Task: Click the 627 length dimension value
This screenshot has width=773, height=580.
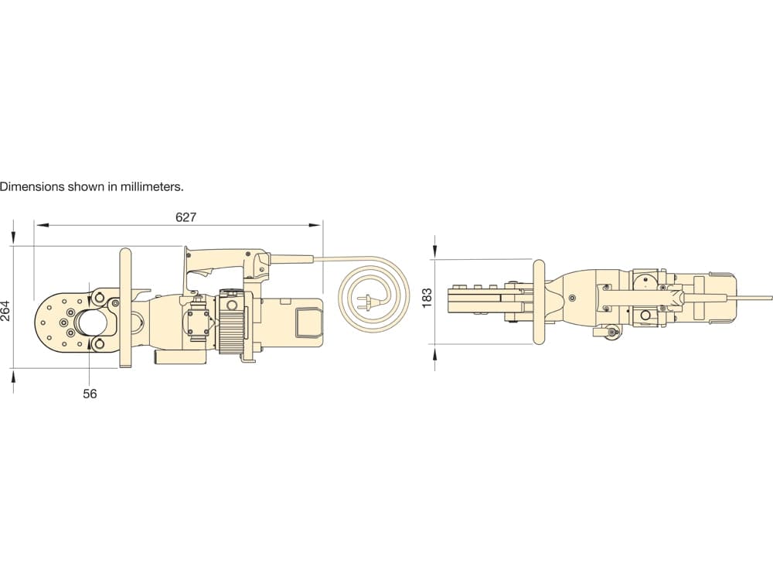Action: point(186,217)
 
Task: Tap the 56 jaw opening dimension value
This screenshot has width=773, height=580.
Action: point(90,394)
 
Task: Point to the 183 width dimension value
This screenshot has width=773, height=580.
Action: point(427,298)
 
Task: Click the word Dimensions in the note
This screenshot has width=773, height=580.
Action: point(32,187)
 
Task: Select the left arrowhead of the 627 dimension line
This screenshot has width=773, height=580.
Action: point(43,225)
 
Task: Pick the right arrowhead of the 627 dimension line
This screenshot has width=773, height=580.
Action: point(315,225)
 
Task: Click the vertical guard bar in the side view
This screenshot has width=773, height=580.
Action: point(124,308)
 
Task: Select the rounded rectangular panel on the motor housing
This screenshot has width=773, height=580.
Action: point(307,322)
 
